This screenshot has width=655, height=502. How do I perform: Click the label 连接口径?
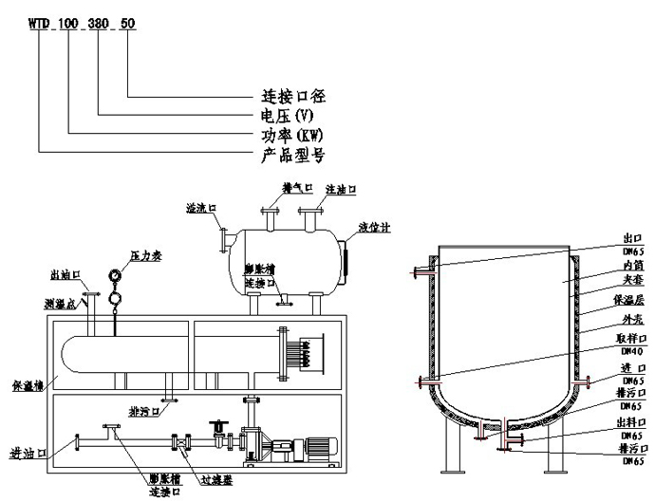pyautogui.click(x=293, y=96)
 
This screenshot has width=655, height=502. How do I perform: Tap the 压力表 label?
pyautogui.click(x=147, y=256)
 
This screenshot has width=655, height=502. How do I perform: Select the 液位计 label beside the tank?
pyautogui.click(x=373, y=228)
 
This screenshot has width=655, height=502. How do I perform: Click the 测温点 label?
pyautogui.click(x=62, y=301)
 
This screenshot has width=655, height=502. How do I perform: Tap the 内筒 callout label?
pyautogui.click(x=632, y=269)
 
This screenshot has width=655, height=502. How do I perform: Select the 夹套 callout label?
pyautogui.click(x=632, y=283)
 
